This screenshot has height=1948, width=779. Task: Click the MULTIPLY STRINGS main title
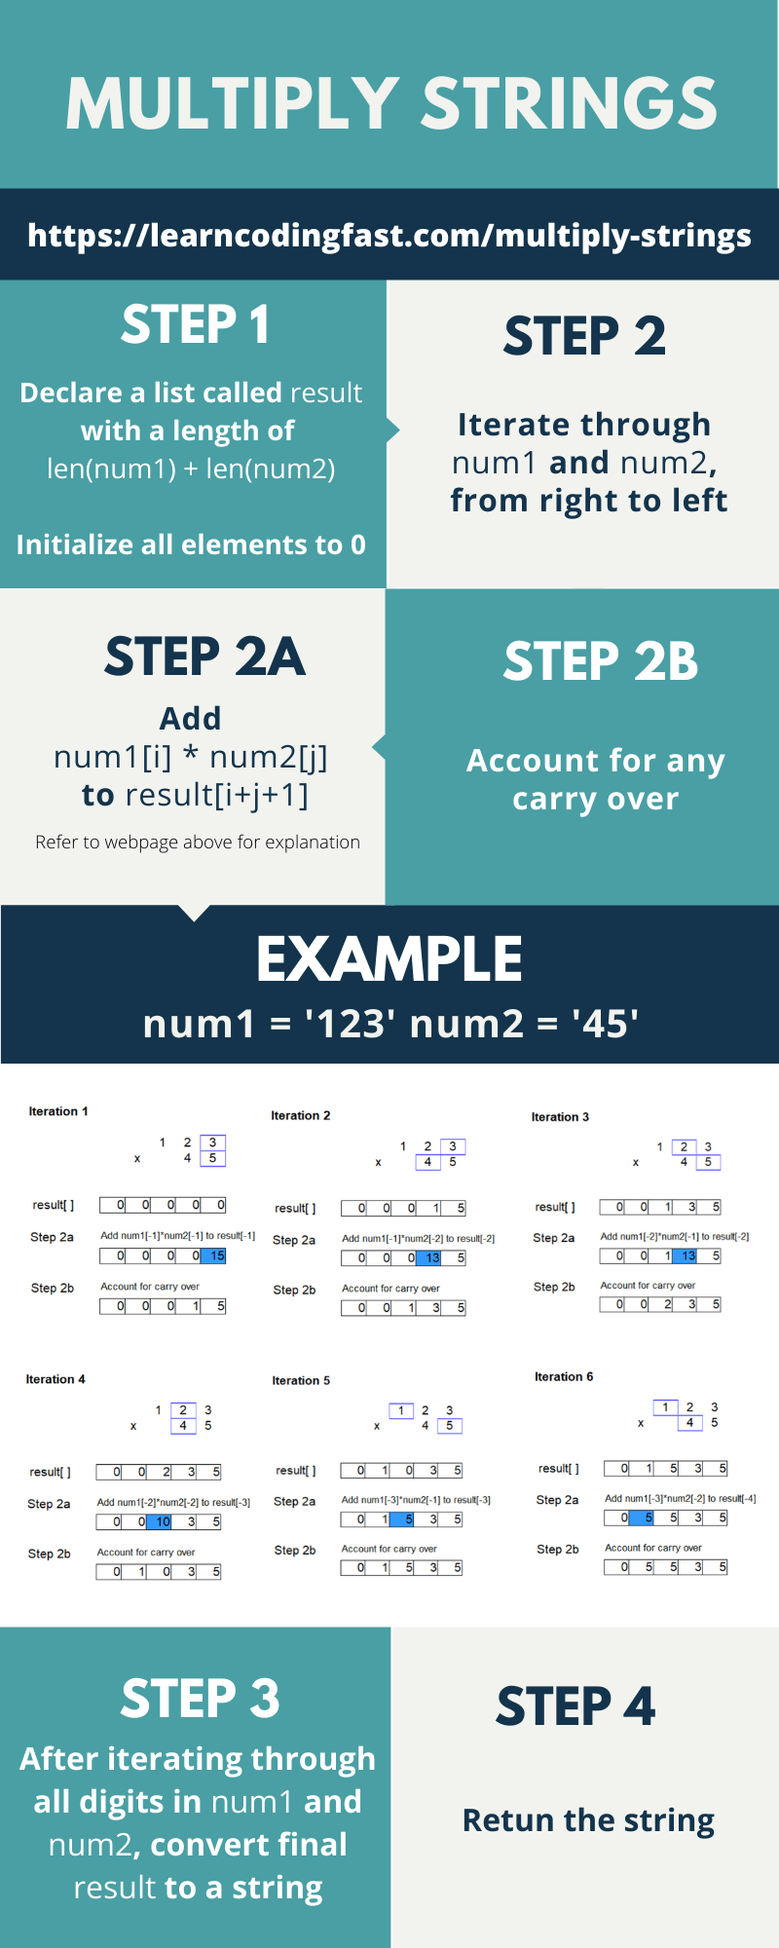coord(391,103)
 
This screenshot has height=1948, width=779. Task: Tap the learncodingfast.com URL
coord(389,236)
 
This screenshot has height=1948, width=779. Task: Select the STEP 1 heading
coord(195,324)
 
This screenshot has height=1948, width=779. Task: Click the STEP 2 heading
coord(584,336)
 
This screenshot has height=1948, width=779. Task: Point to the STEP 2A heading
coord(204,656)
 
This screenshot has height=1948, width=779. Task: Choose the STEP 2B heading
coord(600,662)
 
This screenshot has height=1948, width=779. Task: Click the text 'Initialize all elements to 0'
coord(191,544)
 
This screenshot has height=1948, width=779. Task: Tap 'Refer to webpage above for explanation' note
coord(198,843)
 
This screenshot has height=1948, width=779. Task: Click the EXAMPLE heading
coord(389,959)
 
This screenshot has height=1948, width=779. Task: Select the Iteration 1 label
coord(58,1111)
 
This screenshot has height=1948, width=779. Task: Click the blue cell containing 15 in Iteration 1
coord(214,1256)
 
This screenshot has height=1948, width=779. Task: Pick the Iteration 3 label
coord(560,1117)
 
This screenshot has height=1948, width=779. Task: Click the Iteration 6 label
coord(563,1377)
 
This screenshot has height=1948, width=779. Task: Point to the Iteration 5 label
coord(301,1381)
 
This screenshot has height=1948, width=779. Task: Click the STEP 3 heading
coord(200,1700)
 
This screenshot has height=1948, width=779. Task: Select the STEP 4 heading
coord(575,1707)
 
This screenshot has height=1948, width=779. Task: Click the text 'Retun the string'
coord(588,1820)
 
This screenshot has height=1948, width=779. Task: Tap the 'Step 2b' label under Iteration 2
coord(294,1291)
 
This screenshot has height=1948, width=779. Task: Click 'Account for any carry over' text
coord(595,779)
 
